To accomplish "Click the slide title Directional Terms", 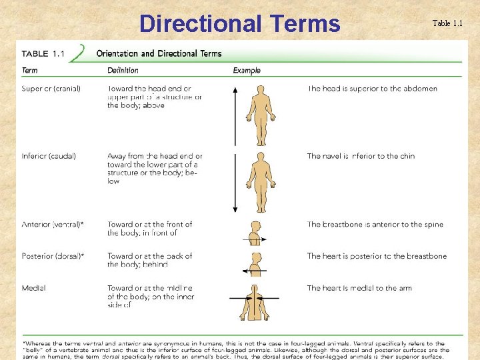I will pyautogui.click(x=239, y=24).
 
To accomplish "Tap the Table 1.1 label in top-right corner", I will pyautogui.click(x=447, y=24).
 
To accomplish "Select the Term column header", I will pyautogui.click(x=30, y=70).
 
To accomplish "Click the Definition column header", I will pyautogui.click(x=123, y=70).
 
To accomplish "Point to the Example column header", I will pyautogui.click(x=247, y=70).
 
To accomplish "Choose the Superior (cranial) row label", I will pyautogui.click(x=51, y=89).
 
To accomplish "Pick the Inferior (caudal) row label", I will pyautogui.click(x=49, y=156).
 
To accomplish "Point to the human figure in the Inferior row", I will pyautogui.click(x=261, y=179).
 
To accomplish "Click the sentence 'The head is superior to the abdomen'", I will pyautogui.click(x=372, y=89).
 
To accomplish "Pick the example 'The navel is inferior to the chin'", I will pyautogui.click(x=361, y=156).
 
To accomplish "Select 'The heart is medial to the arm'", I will pyautogui.click(x=359, y=288).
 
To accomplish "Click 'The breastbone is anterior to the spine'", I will pyautogui.click(x=375, y=225).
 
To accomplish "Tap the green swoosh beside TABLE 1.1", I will pyautogui.click(x=79, y=53).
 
